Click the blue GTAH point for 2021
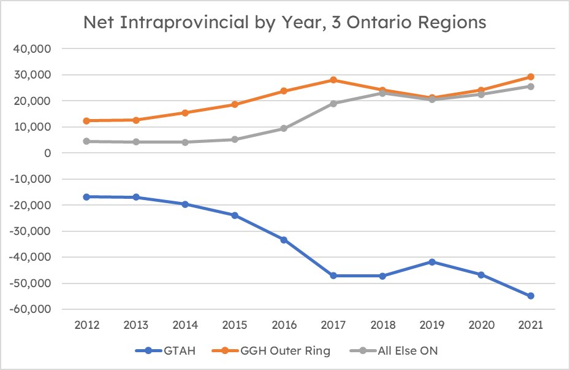click(531, 296)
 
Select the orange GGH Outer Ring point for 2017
click(333, 80)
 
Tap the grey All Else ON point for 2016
click(284, 128)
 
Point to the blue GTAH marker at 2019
click(432, 262)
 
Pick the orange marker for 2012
click(86, 121)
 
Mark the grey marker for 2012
click(86, 141)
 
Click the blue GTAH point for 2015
click(235, 215)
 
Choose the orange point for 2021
click(531, 77)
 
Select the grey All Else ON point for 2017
click(333, 103)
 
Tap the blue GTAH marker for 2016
click(284, 240)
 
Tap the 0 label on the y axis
click(47, 153)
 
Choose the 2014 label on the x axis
click(185, 326)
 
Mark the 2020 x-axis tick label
click(481, 326)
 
